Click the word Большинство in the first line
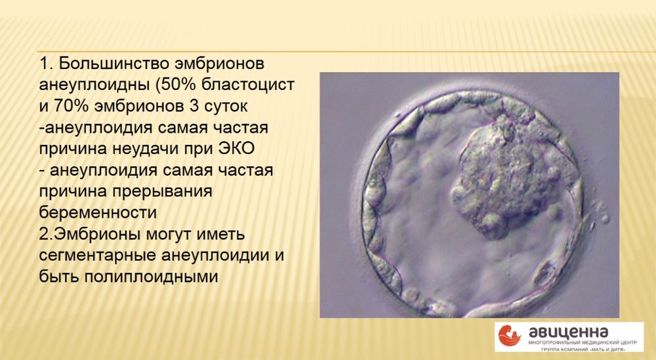pyautogui.click(x=113, y=64)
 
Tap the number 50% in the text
pyautogui.click(x=176, y=85)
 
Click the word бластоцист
pyautogui.click(x=248, y=85)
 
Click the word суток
pyautogui.click(x=226, y=107)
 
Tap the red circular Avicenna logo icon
pyautogui.click(x=510, y=336)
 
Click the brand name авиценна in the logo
pyautogui.click(x=569, y=332)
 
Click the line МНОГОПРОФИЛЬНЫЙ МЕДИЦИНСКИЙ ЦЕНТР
pyautogui.click(x=583, y=342)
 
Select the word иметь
pyautogui.click(x=224, y=234)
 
